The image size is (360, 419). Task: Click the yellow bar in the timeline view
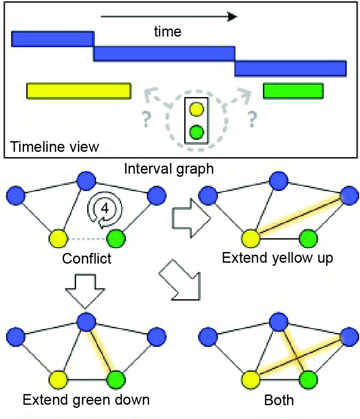pos(78,90)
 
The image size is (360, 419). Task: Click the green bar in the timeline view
pos(293,90)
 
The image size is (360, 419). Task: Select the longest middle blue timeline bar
pos(164,53)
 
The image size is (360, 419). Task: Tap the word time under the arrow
pos(168,32)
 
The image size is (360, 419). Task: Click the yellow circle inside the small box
pos(196,109)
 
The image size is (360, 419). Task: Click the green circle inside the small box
pos(196,132)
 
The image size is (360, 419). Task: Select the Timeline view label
pos(55,147)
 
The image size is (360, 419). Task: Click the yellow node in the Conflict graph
pos(58,239)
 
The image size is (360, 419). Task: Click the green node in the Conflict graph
pos(116,239)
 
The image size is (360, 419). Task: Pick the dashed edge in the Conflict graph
pos(87,239)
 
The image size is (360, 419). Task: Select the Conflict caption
pos(87,258)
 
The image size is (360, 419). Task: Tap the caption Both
pos(279,400)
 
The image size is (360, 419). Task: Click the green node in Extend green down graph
pos(116,380)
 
